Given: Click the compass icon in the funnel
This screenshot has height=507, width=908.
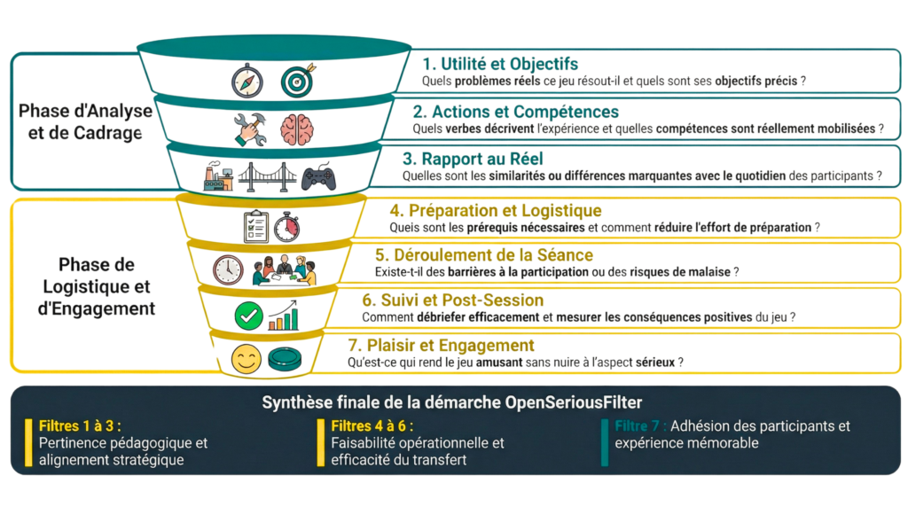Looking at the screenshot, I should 247,81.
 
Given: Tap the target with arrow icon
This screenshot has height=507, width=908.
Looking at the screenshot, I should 298,81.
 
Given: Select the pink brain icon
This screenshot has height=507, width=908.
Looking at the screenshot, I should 297,129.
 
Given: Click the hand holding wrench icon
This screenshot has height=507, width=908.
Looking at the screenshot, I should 251,129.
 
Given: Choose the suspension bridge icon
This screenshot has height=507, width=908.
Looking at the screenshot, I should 267,177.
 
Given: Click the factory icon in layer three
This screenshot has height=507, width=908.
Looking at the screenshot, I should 217,175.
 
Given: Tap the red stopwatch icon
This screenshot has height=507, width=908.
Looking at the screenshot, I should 286,226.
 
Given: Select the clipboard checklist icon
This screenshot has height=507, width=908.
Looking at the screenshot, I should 255,226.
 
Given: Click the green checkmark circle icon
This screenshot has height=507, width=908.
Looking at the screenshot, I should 248,315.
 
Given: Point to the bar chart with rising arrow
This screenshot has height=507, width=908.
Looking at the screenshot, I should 284,315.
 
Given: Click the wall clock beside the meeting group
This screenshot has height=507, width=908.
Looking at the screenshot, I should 228,269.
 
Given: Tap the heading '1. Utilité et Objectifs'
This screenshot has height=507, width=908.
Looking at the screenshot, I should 500,64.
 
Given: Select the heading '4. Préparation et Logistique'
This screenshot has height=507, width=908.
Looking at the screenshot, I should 495,211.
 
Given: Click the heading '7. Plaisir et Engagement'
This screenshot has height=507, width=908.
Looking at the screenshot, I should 441,345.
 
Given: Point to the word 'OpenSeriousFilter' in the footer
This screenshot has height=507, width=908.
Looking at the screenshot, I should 582,402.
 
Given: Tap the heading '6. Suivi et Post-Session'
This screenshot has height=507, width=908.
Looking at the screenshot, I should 452,300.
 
